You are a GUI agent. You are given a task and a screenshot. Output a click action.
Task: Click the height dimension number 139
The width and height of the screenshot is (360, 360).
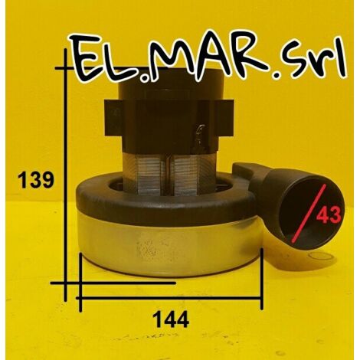pyautogui.click(x=36, y=179)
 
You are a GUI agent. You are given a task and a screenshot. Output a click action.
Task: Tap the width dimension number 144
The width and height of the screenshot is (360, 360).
pyautogui.click(x=171, y=319)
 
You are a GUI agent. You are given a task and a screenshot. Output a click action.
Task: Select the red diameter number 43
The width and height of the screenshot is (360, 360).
pyautogui.click(x=329, y=214)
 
